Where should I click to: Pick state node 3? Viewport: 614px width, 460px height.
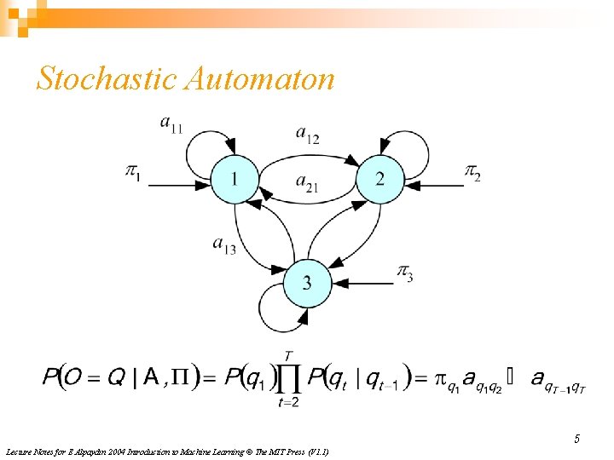[306, 282]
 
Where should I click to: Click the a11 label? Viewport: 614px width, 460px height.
[171, 124]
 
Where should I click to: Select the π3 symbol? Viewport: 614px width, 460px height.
[406, 273]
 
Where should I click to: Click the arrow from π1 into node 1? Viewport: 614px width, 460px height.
[179, 184]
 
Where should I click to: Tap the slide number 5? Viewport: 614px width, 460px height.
[576, 439]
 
